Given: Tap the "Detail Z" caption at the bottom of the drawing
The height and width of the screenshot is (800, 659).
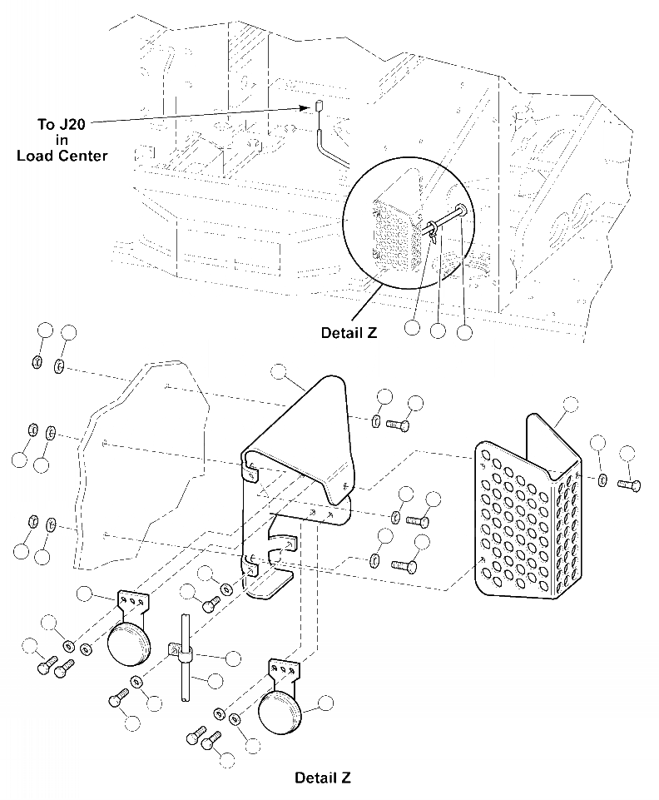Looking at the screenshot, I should pyautogui.click(x=322, y=778).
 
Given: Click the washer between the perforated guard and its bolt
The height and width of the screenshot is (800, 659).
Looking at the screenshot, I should pyautogui.click(x=602, y=480).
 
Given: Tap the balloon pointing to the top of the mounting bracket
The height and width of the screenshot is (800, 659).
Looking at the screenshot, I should pyautogui.click(x=279, y=372).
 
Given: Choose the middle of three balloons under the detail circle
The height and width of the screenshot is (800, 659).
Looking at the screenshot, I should pyautogui.click(x=438, y=330).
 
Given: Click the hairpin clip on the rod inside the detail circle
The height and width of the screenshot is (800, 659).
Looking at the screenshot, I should pyautogui.click(x=435, y=234).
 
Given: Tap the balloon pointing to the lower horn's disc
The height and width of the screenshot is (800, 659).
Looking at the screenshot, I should pyautogui.click(x=325, y=703).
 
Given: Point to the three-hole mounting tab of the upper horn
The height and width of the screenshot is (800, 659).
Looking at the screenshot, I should pyautogui.click(x=133, y=599).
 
